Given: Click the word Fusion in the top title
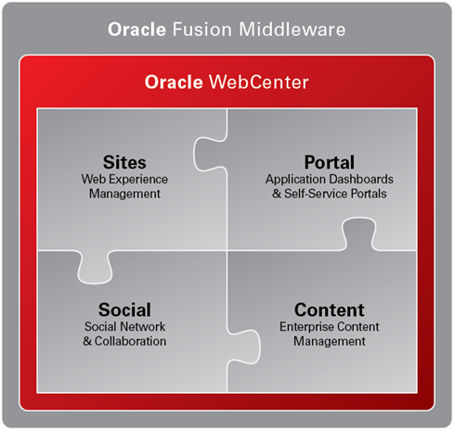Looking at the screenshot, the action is [x=201, y=30].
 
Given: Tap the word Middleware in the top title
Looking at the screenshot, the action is [x=292, y=30].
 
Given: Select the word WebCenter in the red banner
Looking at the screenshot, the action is [x=259, y=82].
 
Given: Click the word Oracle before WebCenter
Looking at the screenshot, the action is [x=174, y=82].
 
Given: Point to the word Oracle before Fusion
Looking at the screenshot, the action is [x=136, y=30].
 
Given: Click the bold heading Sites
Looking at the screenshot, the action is [x=124, y=162].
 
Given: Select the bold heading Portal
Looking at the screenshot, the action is [x=330, y=162].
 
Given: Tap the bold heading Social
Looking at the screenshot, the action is [x=124, y=310].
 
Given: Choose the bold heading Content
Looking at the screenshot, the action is [x=330, y=310].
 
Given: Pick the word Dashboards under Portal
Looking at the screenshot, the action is [x=361, y=179].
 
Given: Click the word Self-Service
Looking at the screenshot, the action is [x=316, y=194].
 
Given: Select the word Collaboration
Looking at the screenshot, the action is [x=130, y=341].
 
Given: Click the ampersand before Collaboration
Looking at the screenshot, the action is [x=87, y=341].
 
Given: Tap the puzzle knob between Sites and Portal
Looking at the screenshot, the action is [x=211, y=154].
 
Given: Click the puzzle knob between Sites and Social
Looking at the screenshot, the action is [x=95, y=267].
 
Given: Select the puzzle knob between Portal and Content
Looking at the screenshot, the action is [x=359, y=234].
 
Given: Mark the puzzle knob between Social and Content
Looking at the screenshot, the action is [x=244, y=347].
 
